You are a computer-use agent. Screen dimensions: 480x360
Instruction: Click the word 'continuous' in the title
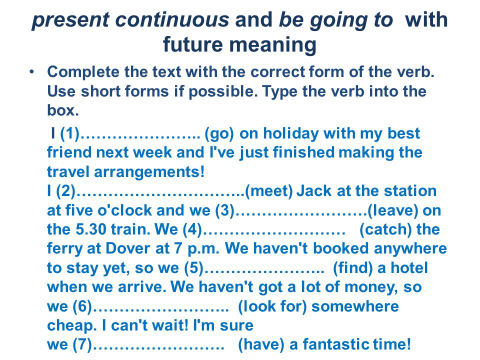click(x=172, y=19)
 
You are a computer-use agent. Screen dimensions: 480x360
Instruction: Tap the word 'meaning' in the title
click(x=273, y=45)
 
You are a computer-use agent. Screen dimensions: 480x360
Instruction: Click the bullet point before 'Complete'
click(x=32, y=72)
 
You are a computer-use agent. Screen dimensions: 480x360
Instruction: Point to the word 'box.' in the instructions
click(x=63, y=110)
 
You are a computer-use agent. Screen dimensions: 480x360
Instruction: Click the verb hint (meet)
click(x=269, y=191)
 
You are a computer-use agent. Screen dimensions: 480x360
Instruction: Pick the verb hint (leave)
click(x=392, y=210)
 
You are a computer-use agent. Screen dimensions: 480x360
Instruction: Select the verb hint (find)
click(x=352, y=268)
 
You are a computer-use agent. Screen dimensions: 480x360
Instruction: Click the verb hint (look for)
click(x=272, y=306)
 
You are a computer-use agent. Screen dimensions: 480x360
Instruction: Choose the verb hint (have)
click(x=261, y=344)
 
